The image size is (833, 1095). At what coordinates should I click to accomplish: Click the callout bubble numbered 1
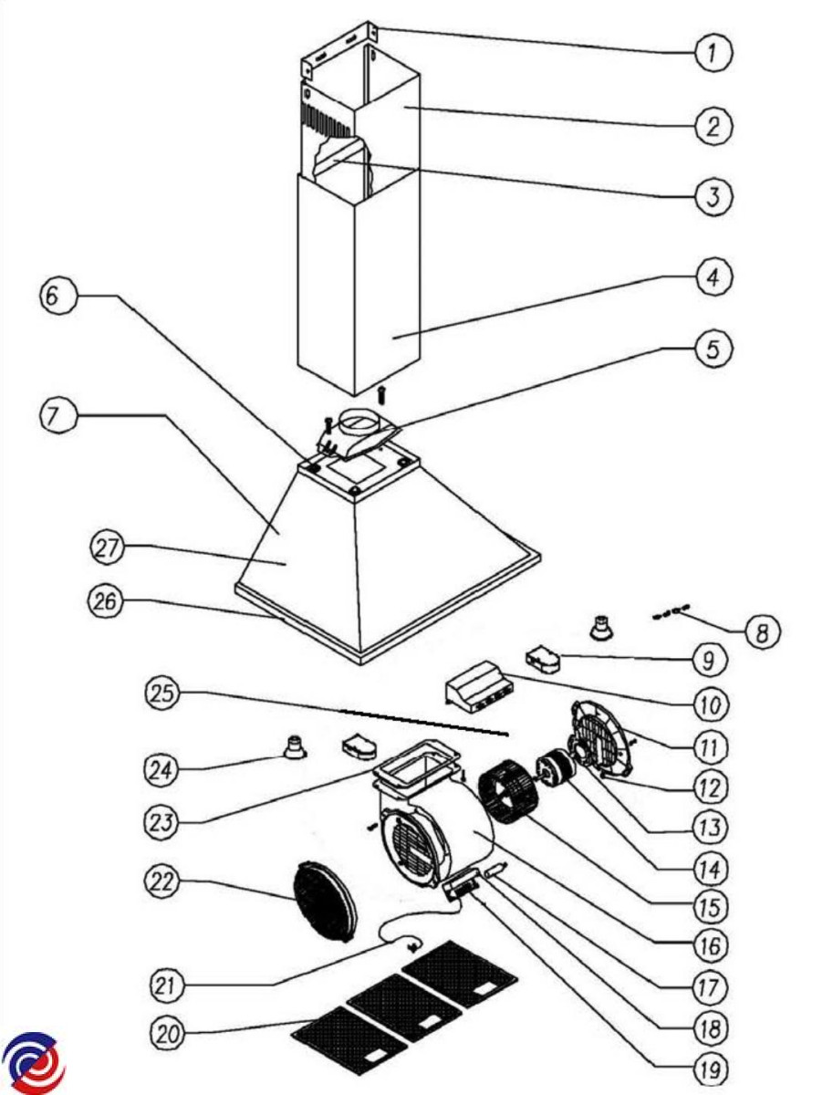713,53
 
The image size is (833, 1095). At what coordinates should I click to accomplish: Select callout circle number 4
713,276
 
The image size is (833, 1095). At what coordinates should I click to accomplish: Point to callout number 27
108,548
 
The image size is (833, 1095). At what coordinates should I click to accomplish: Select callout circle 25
163,693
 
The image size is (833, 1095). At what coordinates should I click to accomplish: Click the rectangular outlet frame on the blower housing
414,766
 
